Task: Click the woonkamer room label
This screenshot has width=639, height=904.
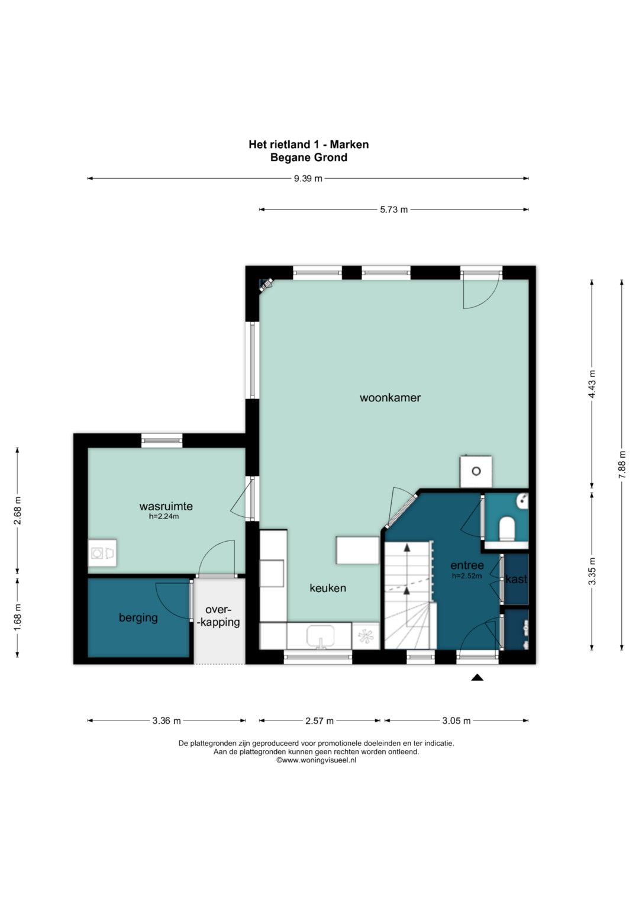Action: [x=390, y=397]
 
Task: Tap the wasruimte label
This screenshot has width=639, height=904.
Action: [x=166, y=506]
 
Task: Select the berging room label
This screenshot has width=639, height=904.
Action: [x=138, y=618]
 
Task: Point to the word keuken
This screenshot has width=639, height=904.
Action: [x=328, y=588]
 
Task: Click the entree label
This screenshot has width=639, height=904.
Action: [x=467, y=565]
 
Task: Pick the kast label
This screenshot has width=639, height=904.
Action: [x=516, y=579]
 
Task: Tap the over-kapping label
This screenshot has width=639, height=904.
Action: [x=220, y=616]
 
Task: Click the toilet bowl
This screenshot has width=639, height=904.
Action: [x=506, y=529]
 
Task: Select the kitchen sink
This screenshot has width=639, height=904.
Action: [x=320, y=637]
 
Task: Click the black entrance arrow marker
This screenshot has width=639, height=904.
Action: [x=477, y=678]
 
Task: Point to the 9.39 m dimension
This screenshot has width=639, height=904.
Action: [x=308, y=178]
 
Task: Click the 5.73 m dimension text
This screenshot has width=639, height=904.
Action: [x=393, y=210]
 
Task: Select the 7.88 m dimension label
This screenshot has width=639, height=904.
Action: [x=622, y=465]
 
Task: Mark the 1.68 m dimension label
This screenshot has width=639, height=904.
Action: [x=17, y=618]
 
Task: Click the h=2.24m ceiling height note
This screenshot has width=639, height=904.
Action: [x=164, y=516]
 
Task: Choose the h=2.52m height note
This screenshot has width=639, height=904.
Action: [x=467, y=576]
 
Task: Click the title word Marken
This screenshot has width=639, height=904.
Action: [x=349, y=144]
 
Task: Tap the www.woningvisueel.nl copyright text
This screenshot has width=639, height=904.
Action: [x=316, y=760]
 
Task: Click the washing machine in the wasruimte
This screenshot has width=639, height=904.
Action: [x=97, y=552]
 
